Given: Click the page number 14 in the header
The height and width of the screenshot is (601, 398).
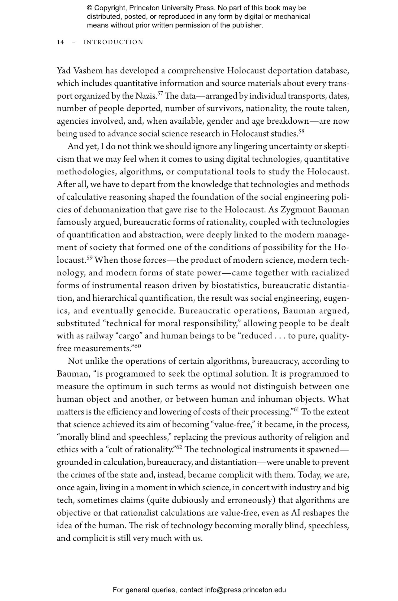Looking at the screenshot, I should point(60,42).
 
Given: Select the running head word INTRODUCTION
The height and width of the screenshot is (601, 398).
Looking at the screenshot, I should point(113,42).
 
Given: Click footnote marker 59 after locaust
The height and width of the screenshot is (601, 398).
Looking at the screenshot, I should point(89,257).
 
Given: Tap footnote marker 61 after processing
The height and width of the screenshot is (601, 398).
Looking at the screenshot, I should point(296,409).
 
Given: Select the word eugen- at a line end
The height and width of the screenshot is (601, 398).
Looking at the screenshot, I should point(337,298).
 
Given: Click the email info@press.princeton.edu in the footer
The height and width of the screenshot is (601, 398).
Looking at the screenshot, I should point(245,590).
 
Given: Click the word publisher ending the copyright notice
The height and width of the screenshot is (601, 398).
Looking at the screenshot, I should point(249,25).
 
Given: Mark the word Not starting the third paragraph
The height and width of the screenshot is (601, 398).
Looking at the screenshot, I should point(75,361).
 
